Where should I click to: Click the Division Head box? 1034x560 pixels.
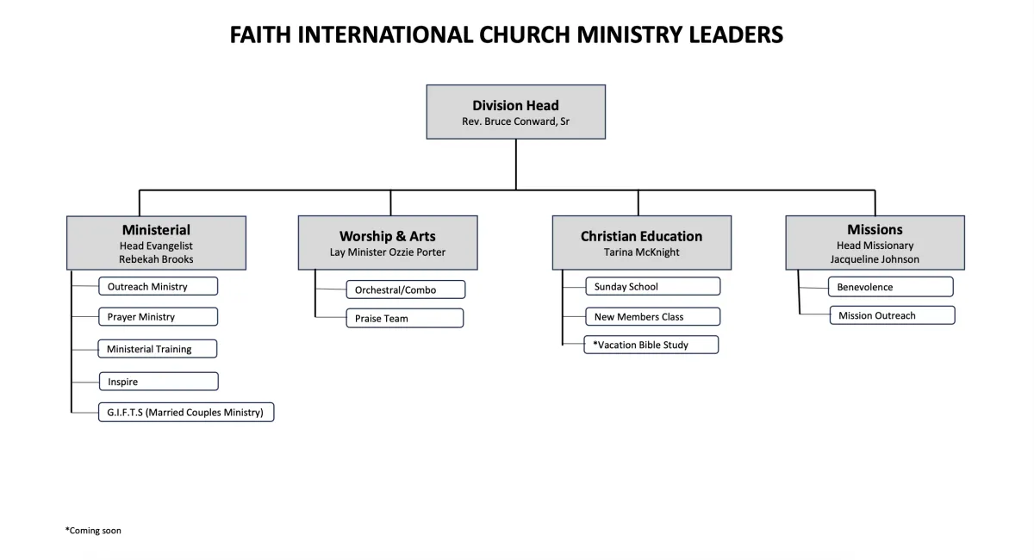coord(515,112)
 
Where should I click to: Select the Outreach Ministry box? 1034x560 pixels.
coord(158,286)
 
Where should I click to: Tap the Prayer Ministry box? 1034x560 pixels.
coord(158,317)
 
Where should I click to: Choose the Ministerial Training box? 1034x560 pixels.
coord(157,349)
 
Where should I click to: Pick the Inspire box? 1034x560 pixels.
coord(159,382)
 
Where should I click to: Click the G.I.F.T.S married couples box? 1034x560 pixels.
coord(186,413)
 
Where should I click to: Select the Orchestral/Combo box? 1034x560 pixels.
coord(406,289)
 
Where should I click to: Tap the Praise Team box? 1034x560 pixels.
coord(405,318)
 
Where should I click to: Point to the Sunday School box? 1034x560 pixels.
coord(653,286)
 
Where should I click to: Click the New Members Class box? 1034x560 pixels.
coord(653,317)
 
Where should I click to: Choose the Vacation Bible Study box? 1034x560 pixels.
coord(651,345)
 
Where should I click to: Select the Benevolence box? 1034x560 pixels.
coord(890,287)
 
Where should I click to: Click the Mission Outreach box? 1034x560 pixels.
coord(893,315)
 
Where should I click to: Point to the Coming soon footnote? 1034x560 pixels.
coord(93,531)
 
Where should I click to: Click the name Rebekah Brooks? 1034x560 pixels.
coord(156,259)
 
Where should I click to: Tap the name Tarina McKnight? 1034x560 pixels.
coord(642,252)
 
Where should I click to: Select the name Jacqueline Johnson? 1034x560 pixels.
coord(875,259)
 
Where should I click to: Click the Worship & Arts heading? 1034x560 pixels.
coord(387,236)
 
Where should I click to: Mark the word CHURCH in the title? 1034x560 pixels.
coord(525,34)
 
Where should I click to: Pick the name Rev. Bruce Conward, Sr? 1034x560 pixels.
coord(515,121)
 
